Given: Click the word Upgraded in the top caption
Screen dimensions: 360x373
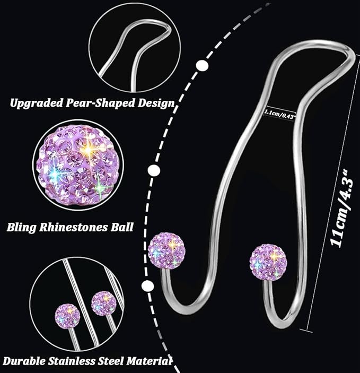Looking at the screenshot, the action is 37,103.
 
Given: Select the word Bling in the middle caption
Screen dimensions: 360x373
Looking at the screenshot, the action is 21,228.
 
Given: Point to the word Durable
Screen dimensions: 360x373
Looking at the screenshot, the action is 24,361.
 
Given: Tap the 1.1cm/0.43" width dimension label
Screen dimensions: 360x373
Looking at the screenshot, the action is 280,115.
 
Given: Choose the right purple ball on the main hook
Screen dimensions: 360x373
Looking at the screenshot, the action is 268,263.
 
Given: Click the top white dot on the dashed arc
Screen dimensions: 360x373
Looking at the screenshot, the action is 202,65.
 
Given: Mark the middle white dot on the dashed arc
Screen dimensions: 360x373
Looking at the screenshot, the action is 154,170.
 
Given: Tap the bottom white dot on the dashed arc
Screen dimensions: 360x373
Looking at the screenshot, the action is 147,285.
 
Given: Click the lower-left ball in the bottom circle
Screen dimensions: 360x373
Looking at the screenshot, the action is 67,315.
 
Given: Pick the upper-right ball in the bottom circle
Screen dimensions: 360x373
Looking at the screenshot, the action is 104,303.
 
